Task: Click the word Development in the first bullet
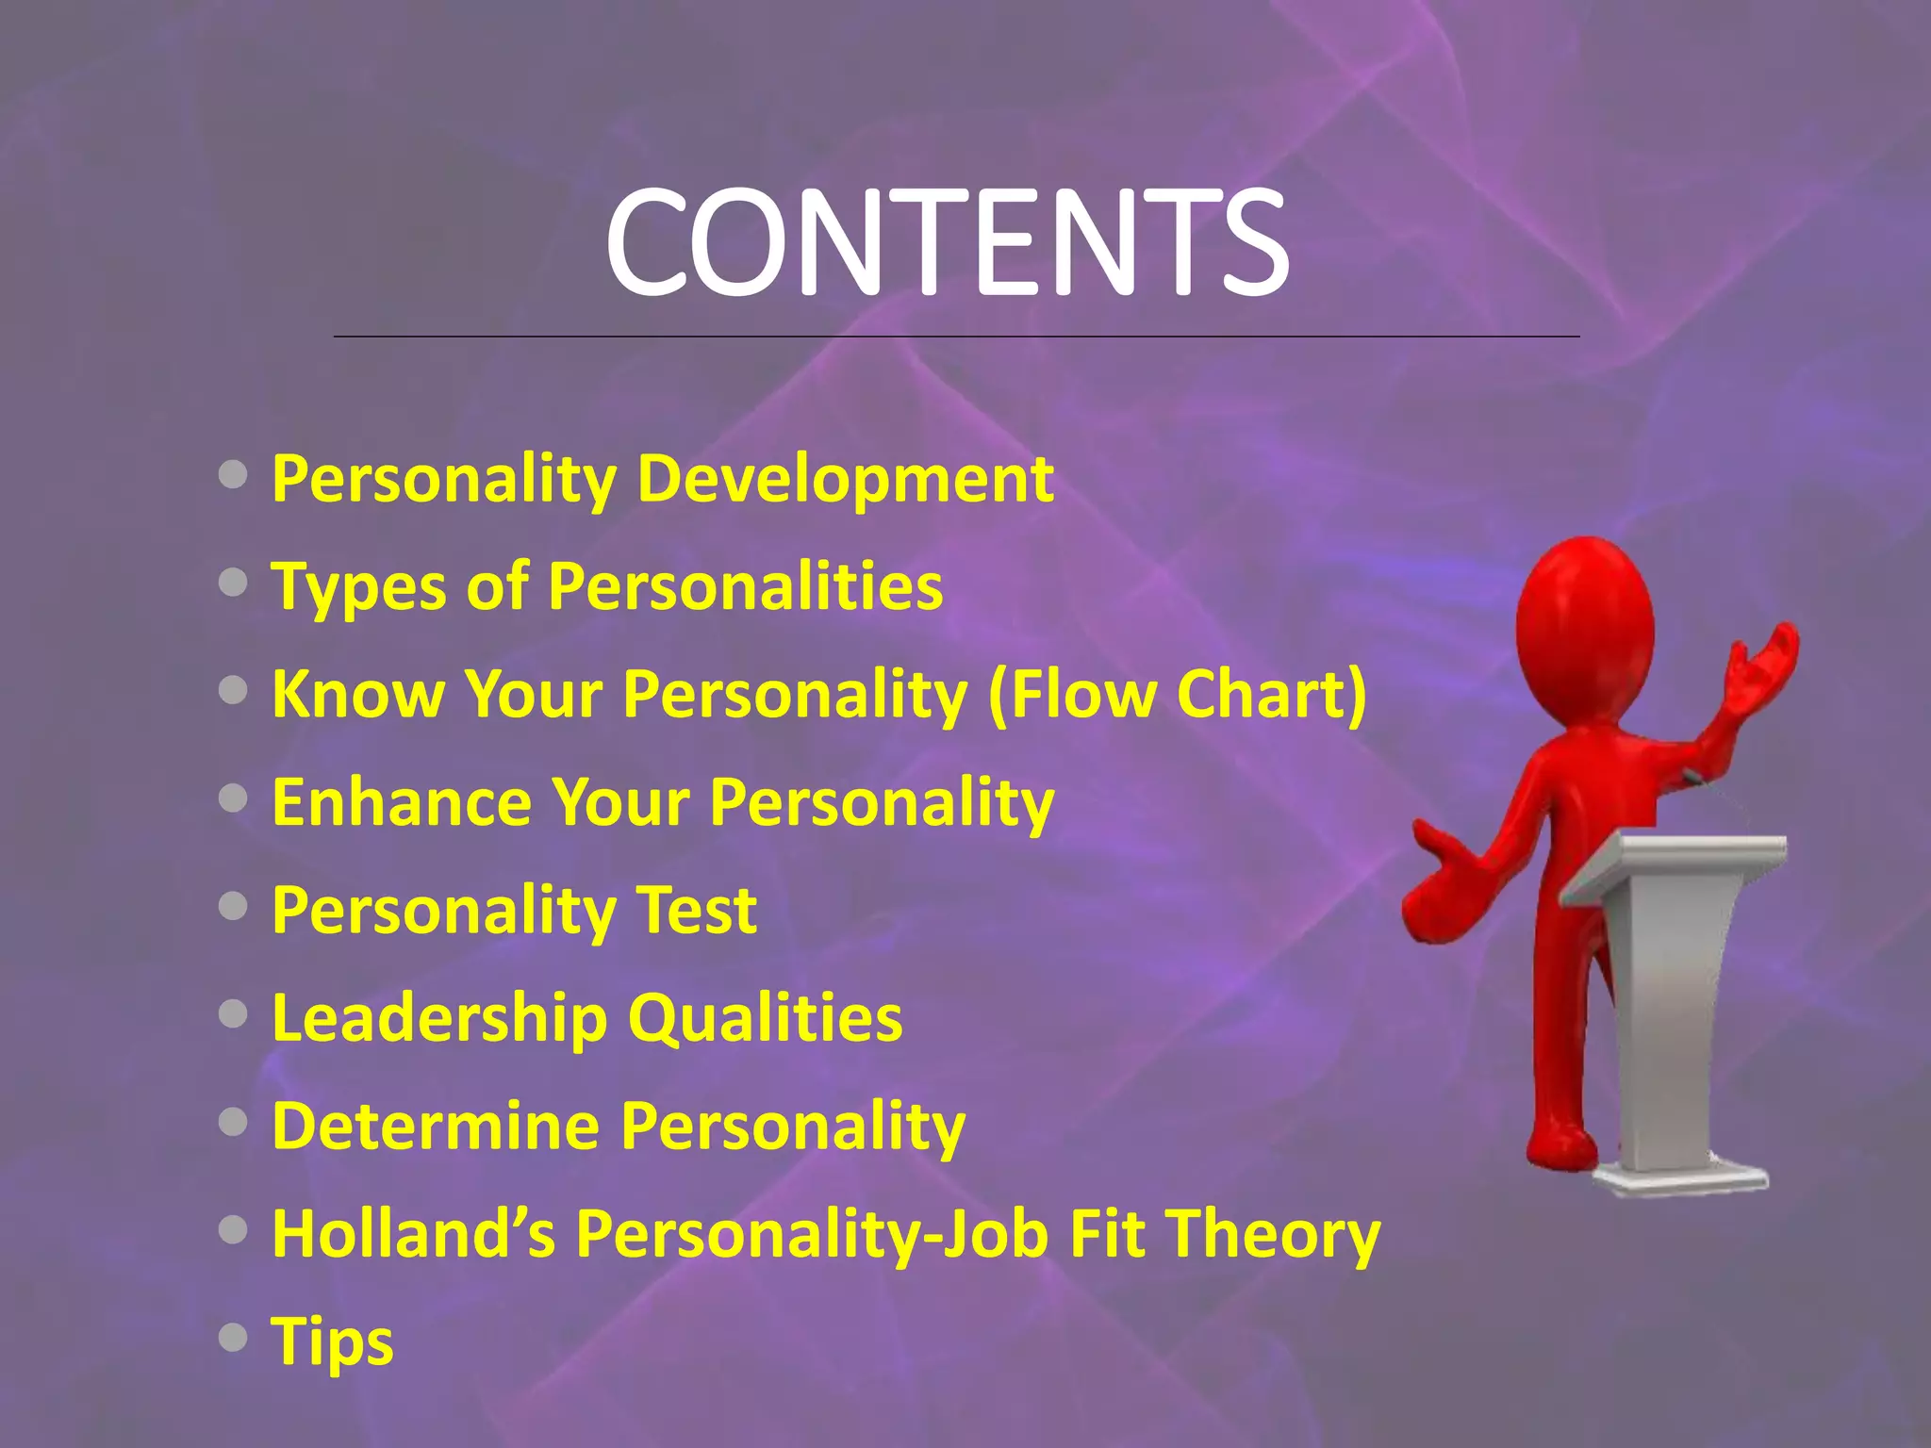click(845, 479)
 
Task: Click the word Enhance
click(402, 803)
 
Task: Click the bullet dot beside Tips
click(233, 1337)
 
